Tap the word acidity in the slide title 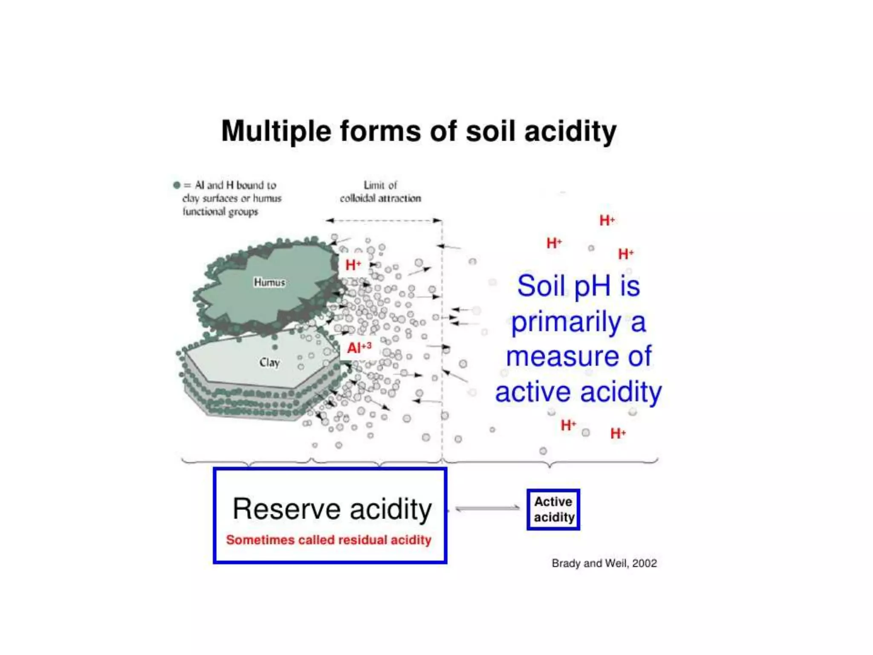570,131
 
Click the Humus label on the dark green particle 269,282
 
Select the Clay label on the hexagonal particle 269,362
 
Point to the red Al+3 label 359,348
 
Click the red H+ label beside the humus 353,265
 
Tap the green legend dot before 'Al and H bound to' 177,185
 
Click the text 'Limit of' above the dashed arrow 380,185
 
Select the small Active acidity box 553,509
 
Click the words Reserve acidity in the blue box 332,509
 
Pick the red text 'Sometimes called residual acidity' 329,540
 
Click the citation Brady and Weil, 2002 604,563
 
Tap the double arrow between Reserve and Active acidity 487,508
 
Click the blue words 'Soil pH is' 578,286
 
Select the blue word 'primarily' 566,322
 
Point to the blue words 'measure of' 578,356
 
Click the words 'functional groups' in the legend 220,212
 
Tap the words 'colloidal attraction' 380,198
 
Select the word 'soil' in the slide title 490,131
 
